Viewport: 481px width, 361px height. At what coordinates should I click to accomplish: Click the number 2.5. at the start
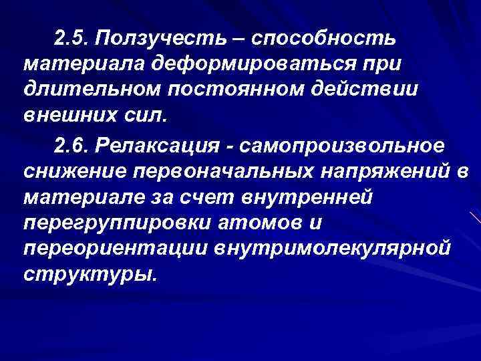(x=72, y=39)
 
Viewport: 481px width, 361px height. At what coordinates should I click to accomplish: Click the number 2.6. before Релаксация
(x=71, y=145)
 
